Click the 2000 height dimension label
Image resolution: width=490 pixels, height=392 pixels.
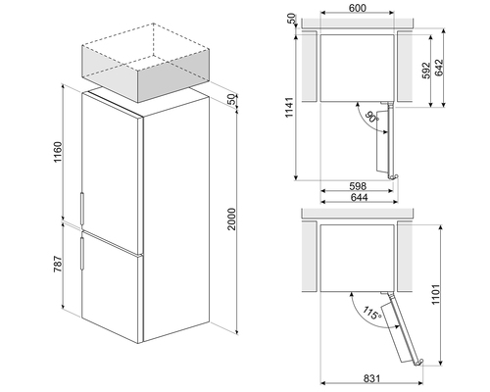click(231, 219)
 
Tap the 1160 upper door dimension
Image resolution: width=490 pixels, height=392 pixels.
click(58, 152)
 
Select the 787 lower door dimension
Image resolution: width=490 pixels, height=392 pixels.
click(58, 265)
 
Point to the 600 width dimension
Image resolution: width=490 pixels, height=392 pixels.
click(358, 8)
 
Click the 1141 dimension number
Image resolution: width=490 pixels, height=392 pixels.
click(290, 108)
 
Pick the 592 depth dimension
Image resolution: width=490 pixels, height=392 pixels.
click(426, 71)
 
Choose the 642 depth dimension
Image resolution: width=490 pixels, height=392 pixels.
click(439, 68)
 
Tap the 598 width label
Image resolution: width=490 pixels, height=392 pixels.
click(358, 186)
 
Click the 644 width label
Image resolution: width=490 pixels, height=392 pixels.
click(359, 197)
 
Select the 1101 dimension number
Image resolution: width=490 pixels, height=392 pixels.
click(436, 294)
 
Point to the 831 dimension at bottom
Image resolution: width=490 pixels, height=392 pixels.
click(371, 378)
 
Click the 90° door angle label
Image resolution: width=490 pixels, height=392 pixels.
click(371, 118)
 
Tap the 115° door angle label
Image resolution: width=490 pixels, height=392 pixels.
click(372, 314)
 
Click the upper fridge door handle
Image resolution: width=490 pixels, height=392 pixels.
click(82, 210)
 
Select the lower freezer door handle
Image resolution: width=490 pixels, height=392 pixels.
click(82, 254)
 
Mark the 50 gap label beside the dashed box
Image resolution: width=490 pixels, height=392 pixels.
click(231, 99)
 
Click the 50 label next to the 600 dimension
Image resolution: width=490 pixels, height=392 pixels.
click(291, 19)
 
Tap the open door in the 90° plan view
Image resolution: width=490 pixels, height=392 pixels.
click(387, 140)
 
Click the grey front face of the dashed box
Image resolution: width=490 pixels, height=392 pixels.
click(109, 74)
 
